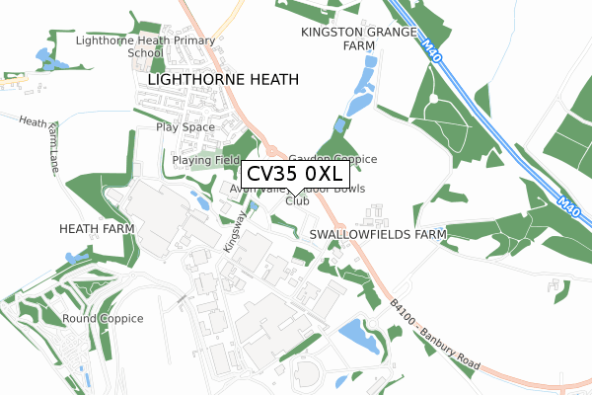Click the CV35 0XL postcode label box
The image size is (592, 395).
pos(293,174)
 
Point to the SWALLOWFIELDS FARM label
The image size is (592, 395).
pos(377,235)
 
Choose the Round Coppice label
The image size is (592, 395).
pos(103,319)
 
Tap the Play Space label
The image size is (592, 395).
pos(184,128)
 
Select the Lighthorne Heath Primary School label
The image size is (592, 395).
pos(145,46)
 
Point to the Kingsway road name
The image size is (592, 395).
pos(233,230)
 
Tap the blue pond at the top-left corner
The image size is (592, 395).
pos(45,59)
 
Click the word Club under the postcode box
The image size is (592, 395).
pos(296,200)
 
